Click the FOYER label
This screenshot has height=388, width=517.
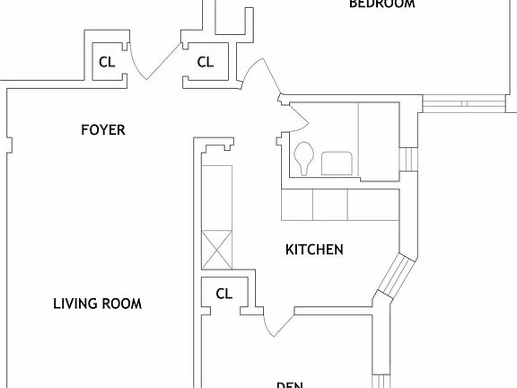point(102,130)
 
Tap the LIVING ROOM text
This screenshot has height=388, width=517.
point(97,304)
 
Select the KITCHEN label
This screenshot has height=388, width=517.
point(314,250)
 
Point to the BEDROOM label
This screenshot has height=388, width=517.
point(381,4)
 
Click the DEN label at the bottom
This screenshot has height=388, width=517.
point(289,384)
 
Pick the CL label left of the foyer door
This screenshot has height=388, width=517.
point(107,62)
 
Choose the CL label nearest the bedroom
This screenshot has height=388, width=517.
point(206,62)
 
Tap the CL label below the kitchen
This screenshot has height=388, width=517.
point(224,293)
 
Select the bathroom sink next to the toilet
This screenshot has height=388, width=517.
point(337,163)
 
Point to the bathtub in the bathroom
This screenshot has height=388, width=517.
point(377,141)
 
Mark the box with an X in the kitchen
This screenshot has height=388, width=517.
point(218,249)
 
